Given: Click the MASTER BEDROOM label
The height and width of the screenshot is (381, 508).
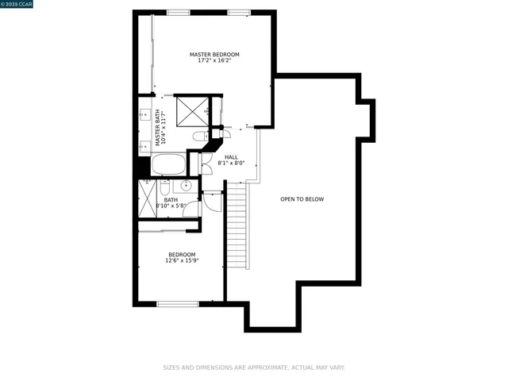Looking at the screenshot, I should click(214, 55).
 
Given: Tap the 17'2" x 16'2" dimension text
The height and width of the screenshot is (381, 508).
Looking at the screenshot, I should click(214, 61).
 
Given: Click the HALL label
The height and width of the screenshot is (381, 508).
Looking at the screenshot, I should click(231, 157).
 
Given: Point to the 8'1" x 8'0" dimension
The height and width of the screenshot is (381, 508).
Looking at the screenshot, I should click(231, 164).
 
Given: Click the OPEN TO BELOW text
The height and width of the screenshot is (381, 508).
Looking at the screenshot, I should click(302, 199).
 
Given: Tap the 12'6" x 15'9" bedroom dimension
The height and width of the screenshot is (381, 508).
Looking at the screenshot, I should click(182, 260).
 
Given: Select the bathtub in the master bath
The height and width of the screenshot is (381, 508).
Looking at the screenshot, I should click(167, 166).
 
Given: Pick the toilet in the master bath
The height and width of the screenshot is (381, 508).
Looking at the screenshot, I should click(201, 137).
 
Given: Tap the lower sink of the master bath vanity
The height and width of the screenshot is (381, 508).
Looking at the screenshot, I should click(144, 145).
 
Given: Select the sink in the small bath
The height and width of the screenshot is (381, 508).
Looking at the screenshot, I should click(185, 186).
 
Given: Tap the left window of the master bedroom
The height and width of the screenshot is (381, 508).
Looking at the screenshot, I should click(179, 12).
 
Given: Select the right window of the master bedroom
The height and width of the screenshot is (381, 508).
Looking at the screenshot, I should click(239, 12).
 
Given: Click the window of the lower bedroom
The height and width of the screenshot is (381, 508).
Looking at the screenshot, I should click(177, 303).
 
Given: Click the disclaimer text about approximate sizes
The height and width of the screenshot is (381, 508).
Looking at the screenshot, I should click(254, 368).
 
